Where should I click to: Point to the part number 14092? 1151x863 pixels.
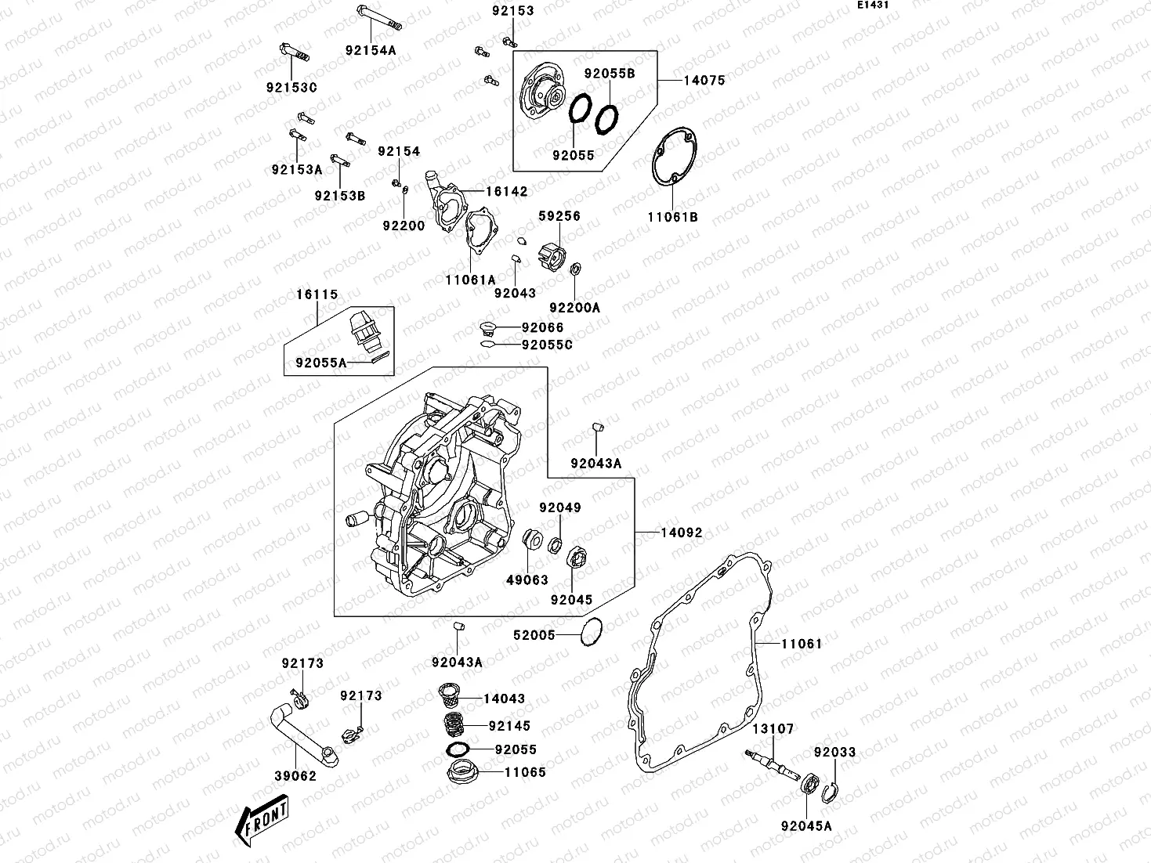[681, 533]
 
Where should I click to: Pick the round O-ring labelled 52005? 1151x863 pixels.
[592, 632]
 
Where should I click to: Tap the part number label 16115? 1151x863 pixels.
[317, 294]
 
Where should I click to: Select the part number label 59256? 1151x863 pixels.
[559, 216]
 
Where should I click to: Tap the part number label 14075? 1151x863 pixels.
[704, 80]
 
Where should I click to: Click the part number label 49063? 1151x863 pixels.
[527, 580]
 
